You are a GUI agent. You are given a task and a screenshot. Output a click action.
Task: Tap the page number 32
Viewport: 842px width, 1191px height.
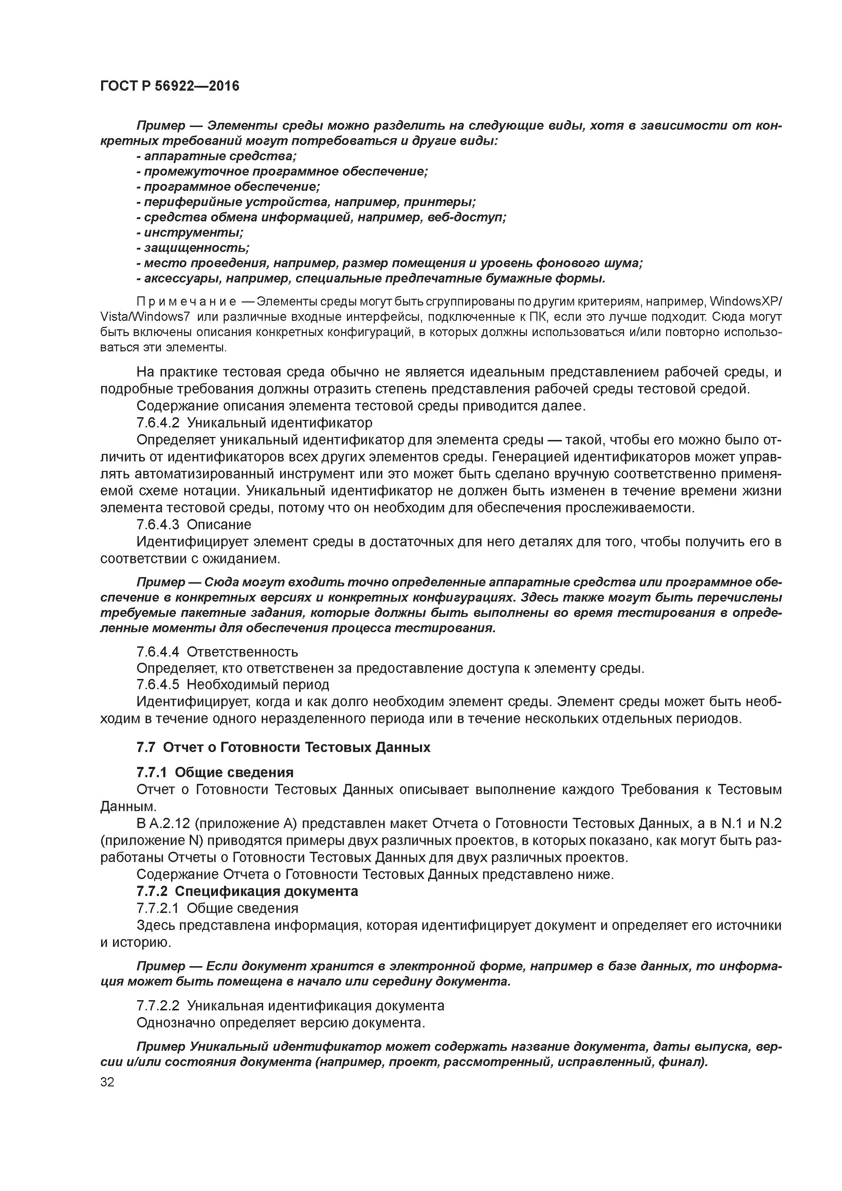[107, 1082]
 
